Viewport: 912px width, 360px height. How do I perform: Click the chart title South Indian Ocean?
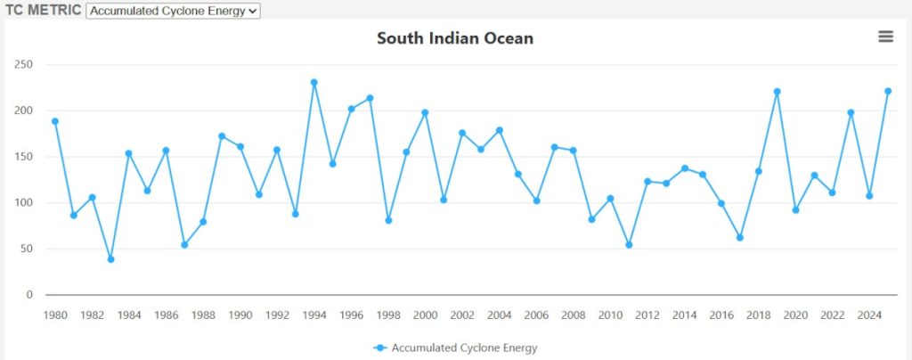point(454,38)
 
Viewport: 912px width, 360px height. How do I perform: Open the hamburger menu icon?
point(885,37)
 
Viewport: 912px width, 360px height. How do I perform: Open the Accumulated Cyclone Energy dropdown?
point(173,11)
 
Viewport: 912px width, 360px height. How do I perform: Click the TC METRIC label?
point(42,11)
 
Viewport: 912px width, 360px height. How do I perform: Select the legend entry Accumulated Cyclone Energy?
point(463,348)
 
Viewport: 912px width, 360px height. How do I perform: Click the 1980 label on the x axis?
point(55,315)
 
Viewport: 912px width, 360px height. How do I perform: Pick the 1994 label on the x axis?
point(314,315)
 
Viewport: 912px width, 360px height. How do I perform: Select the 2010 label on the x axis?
point(610,315)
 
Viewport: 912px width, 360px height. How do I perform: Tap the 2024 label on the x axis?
point(869,315)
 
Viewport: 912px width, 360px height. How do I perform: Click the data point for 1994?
point(314,82)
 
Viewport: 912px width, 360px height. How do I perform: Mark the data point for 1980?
point(55,121)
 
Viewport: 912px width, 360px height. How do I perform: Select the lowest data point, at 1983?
point(110,259)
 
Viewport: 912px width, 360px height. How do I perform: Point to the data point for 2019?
point(777,92)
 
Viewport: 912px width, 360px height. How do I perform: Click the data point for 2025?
point(888,91)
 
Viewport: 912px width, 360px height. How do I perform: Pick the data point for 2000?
point(425,112)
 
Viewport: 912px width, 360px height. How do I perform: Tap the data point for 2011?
point(629,244)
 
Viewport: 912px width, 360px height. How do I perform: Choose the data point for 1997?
point(370,98)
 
